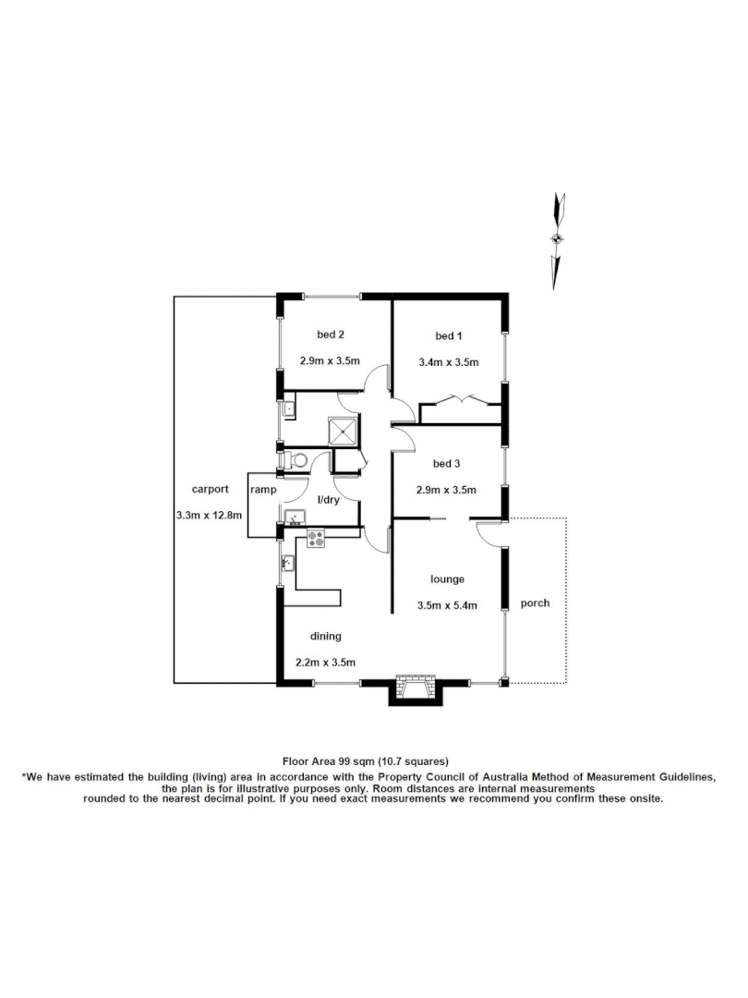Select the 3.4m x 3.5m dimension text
[x=449, y=362]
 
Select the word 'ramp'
[x=263, y=490]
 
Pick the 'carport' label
[x=207, y=489]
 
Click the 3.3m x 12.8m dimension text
[x=209, y=515]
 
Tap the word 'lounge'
[x=447, y=579]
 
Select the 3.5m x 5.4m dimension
[x=447, y=607]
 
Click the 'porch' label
[x=535, y=603]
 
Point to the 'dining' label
[x=325, y=636]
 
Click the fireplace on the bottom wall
[x=414, y=689]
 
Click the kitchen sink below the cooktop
[x=288, y=562]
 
